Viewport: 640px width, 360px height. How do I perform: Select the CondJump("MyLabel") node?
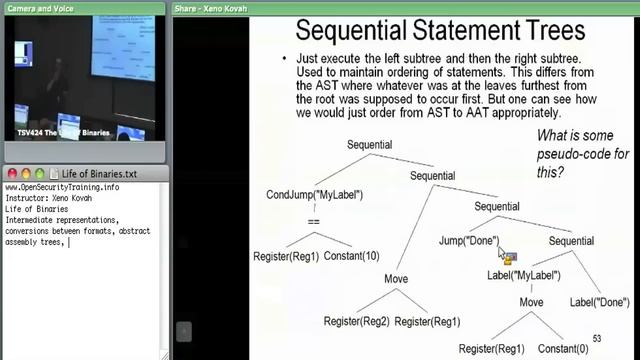coord(314,194)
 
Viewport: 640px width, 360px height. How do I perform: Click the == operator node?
coord(313,222)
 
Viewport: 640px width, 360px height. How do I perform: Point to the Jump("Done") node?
coord(468,241)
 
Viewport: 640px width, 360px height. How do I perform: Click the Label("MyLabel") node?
coord(523,275)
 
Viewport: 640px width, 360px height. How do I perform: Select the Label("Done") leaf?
coord(599,301)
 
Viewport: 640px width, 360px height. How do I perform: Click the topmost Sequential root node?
coord(375,145)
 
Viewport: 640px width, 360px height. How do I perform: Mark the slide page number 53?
coord(598,339)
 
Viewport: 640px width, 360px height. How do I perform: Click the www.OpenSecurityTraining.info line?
coord(62,188)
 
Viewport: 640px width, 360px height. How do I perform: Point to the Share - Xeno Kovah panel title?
coord(210,7)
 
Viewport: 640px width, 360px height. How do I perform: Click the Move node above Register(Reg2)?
coord(396,278)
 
